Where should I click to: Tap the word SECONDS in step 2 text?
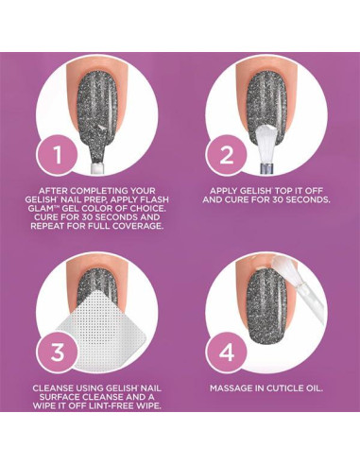[x=305, y=198]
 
